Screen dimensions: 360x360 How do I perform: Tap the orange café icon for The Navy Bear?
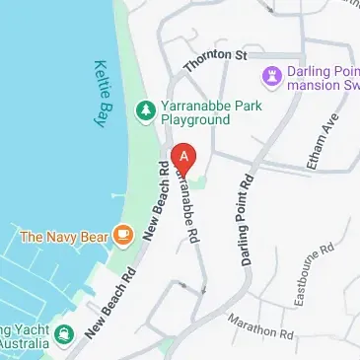(x=122, y=235)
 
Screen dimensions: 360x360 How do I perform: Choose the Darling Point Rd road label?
(x=247, y=221)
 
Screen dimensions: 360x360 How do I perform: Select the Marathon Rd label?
(x=260, y=326)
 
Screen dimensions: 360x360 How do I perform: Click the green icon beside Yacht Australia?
(x=65, y=333)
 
